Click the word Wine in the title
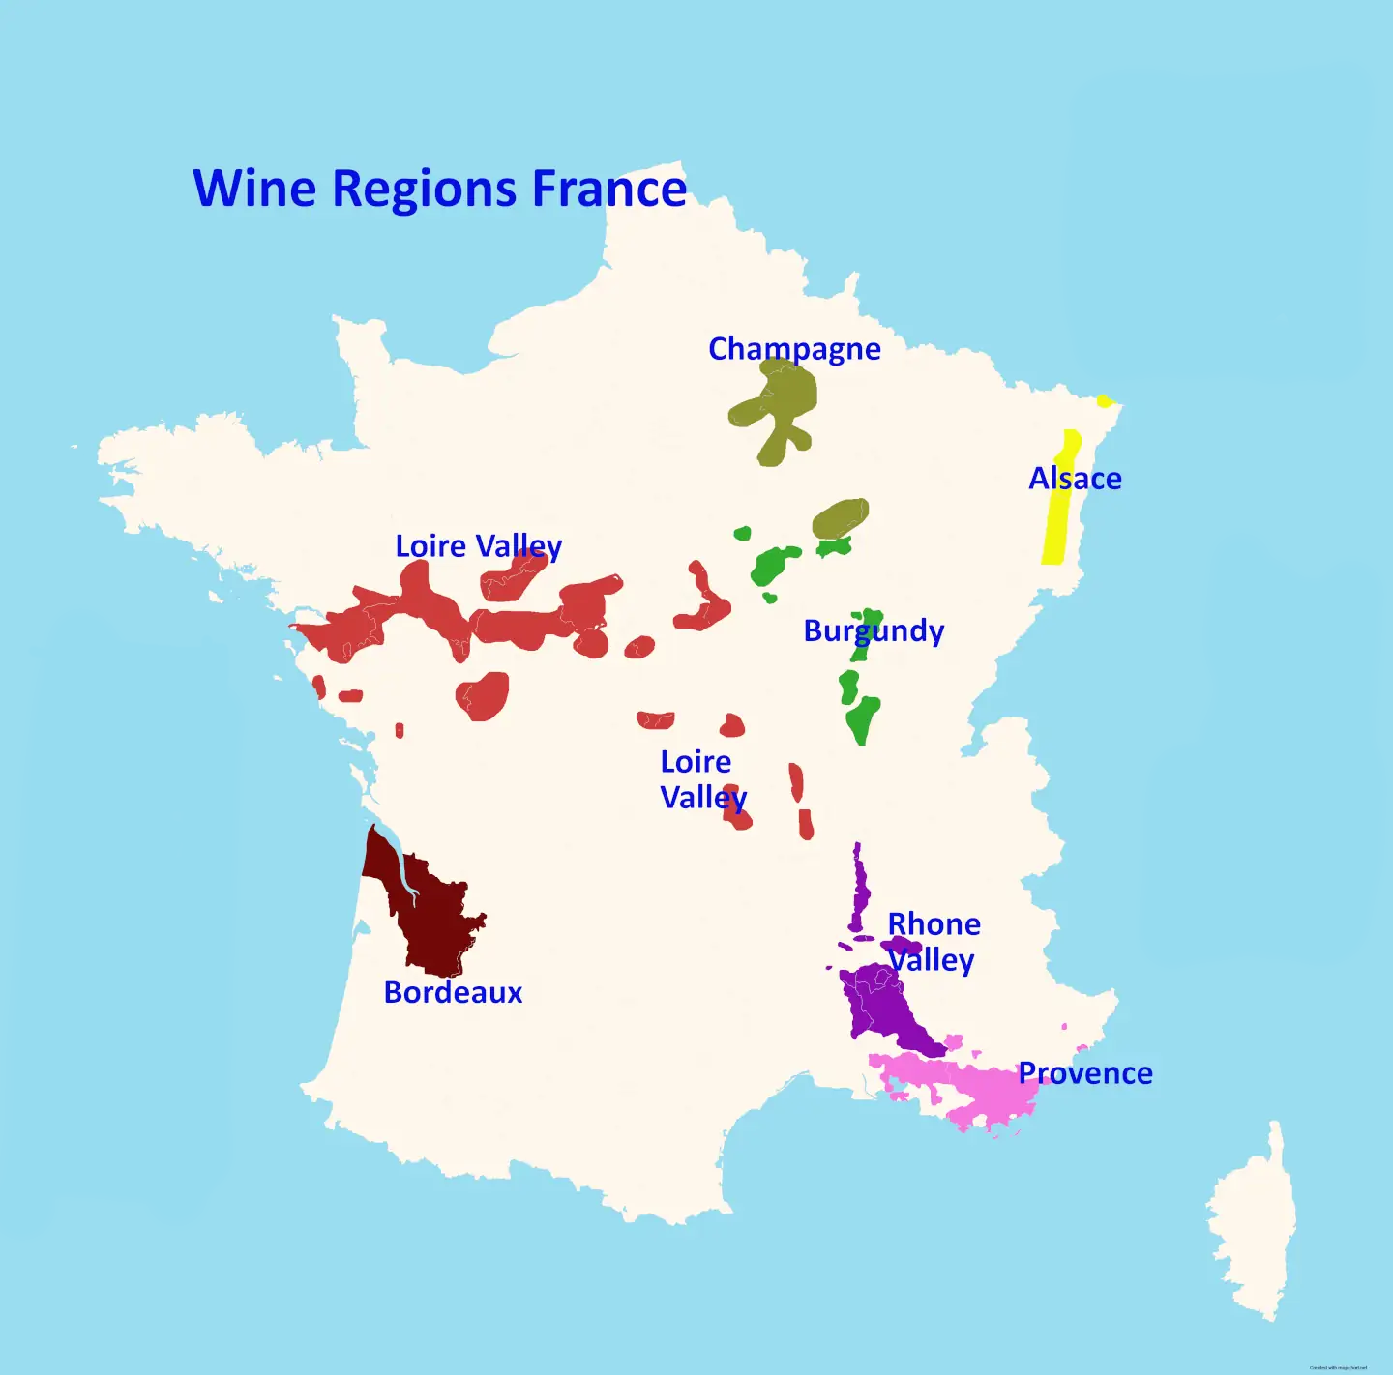[x=254, y=188]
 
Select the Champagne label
[x=794, y=349]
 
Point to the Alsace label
[x=1075, y=479]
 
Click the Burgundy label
[x=874, y=631]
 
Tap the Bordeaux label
[x=453, y=992]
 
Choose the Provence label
[x=1085, y=1073]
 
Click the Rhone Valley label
[x=933, y=942]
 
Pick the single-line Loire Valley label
[x=478, y=546]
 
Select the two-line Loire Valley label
[x=702, y=780]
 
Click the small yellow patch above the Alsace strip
[x=1105, y=400]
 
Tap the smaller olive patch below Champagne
[x=840, y=518]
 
